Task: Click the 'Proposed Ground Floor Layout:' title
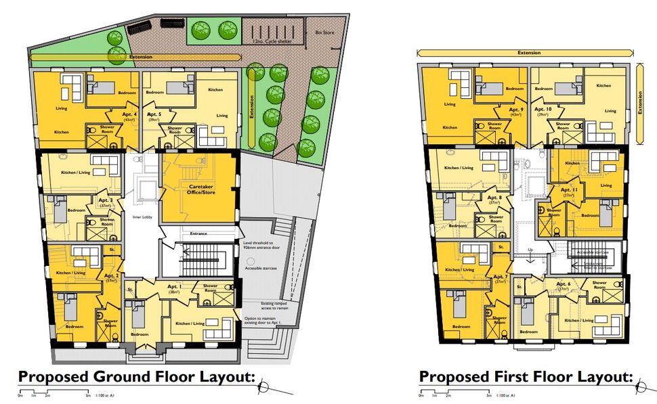pyautogui.click(x=135, y=376)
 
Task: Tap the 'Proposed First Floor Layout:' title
pyautogui.click(x=526, y=376)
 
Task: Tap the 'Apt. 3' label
pyautogui.click(x=106, y=201)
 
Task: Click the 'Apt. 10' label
pyautogui.click(x=543, y=110)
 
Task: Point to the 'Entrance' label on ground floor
pyautogui.click(x=198, y=233)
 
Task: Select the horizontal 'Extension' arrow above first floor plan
pyautogui.click(x=528, y=52)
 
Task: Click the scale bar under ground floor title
pyautogui.click(x=54, y=392)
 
